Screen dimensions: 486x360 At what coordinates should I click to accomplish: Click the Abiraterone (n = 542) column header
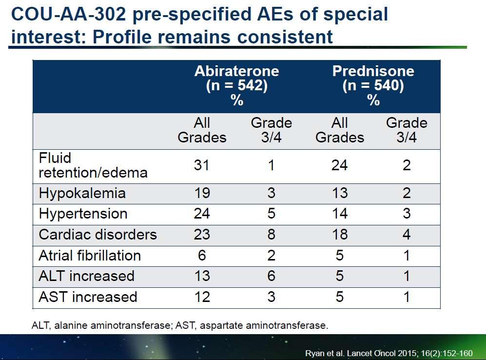coord(237,85)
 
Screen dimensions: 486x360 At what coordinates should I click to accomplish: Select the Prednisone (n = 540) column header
coord(373,85)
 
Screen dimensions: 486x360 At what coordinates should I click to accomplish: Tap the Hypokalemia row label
coord(82,194)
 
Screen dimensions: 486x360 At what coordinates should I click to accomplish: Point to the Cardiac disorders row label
coord(97,235)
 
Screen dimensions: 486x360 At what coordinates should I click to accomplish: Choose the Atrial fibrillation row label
coord(90,256)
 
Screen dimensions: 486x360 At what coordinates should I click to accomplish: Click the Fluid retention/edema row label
coord(93,165)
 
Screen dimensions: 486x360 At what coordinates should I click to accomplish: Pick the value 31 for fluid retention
coord(201,165)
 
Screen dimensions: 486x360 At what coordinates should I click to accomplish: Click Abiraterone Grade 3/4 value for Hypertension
coord(271,214)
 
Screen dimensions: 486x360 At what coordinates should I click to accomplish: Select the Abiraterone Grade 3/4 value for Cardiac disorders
coord(271,235)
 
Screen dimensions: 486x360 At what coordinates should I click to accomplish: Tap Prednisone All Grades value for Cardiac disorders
coord(340,235)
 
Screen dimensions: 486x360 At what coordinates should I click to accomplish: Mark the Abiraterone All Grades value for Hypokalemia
coord(202,193)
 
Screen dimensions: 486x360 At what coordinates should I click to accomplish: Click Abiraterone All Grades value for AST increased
coord(202,297)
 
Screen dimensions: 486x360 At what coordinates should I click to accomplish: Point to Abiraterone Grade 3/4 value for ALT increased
coord(271,276)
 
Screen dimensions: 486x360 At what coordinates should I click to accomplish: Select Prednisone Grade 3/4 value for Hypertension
coord(407,214)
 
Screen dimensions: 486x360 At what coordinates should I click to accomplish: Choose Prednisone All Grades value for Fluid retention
coord(339,165)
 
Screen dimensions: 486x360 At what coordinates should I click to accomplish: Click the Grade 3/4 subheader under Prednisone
coord(407,130)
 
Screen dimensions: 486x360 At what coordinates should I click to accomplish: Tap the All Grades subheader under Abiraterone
coord(202,130)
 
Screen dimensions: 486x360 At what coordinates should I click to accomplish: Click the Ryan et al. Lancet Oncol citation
coord(389,353)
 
